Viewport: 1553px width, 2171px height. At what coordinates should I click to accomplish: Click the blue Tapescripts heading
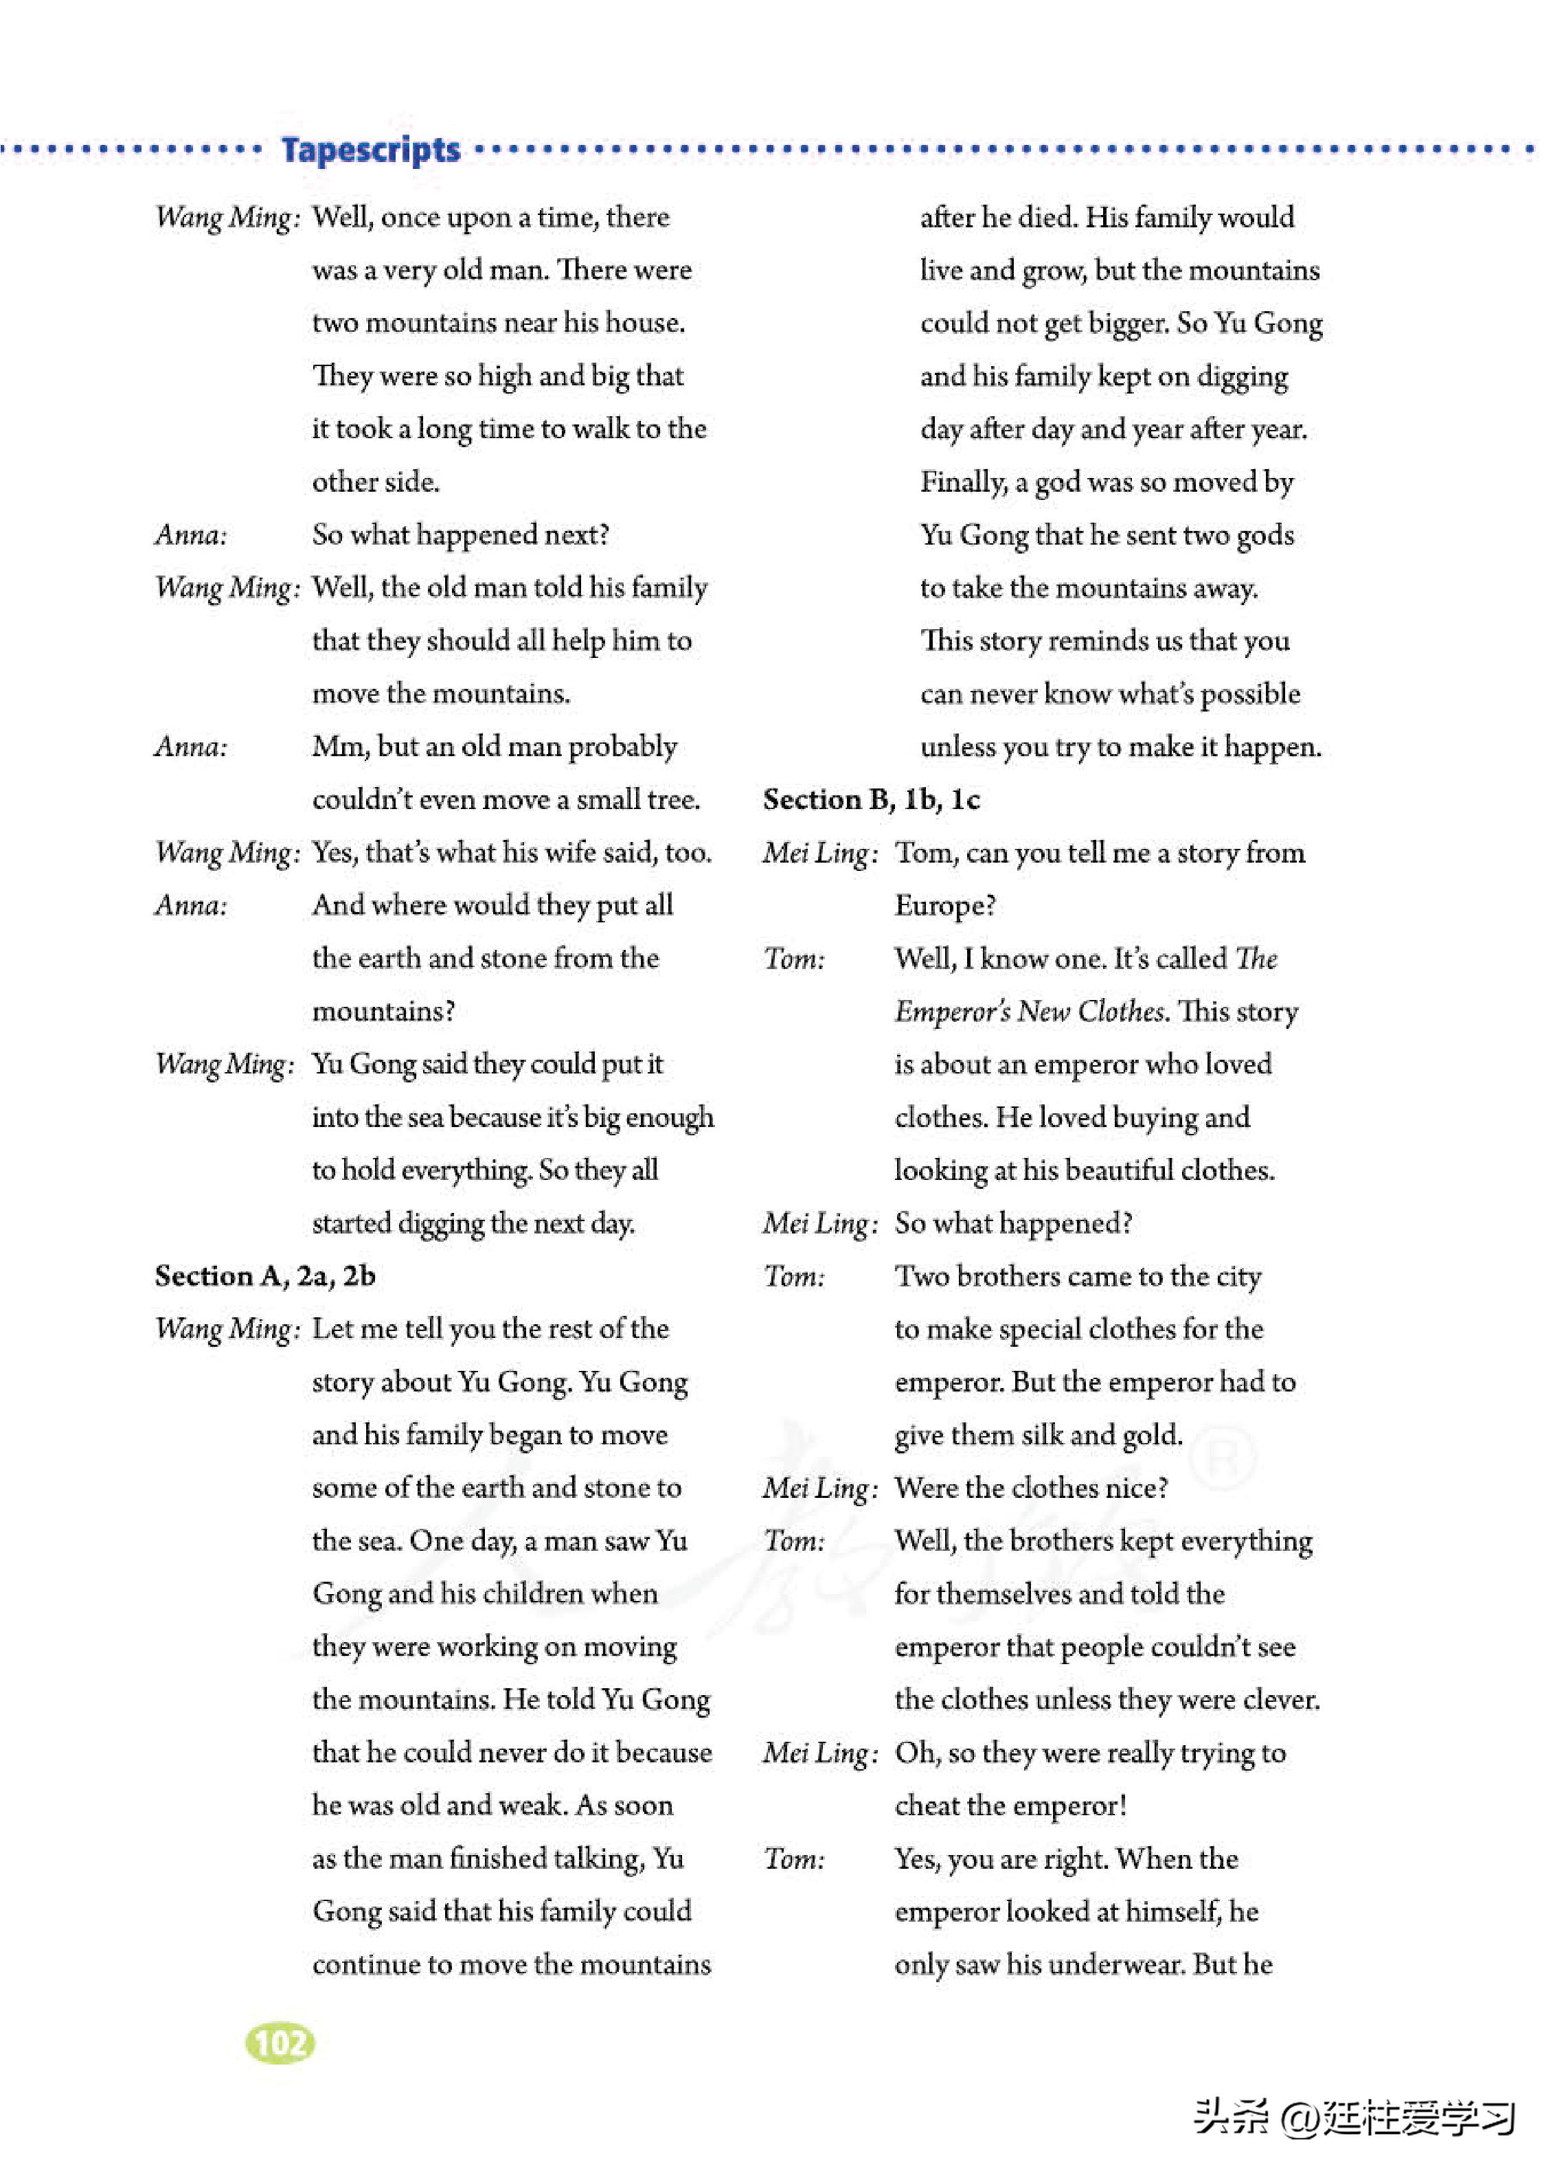[x=370, y=150]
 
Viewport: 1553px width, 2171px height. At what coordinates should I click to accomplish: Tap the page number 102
[x=280, y=2043]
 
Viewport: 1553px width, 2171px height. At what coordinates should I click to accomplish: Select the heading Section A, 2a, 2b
[x=265, y=1275]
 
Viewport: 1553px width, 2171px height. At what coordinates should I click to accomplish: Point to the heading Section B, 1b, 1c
[x=871, y=799]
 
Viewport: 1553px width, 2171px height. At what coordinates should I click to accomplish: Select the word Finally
[x=963, y=482]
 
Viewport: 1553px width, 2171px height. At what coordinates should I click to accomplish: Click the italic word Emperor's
[x=951, y=1012]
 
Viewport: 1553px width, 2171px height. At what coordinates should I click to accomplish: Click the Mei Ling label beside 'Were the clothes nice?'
[x=819, y=1488]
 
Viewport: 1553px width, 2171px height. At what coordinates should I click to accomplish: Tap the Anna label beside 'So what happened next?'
[x=191, y=534]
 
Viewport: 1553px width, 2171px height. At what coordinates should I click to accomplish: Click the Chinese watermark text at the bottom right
[x=1353, y=2117]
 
